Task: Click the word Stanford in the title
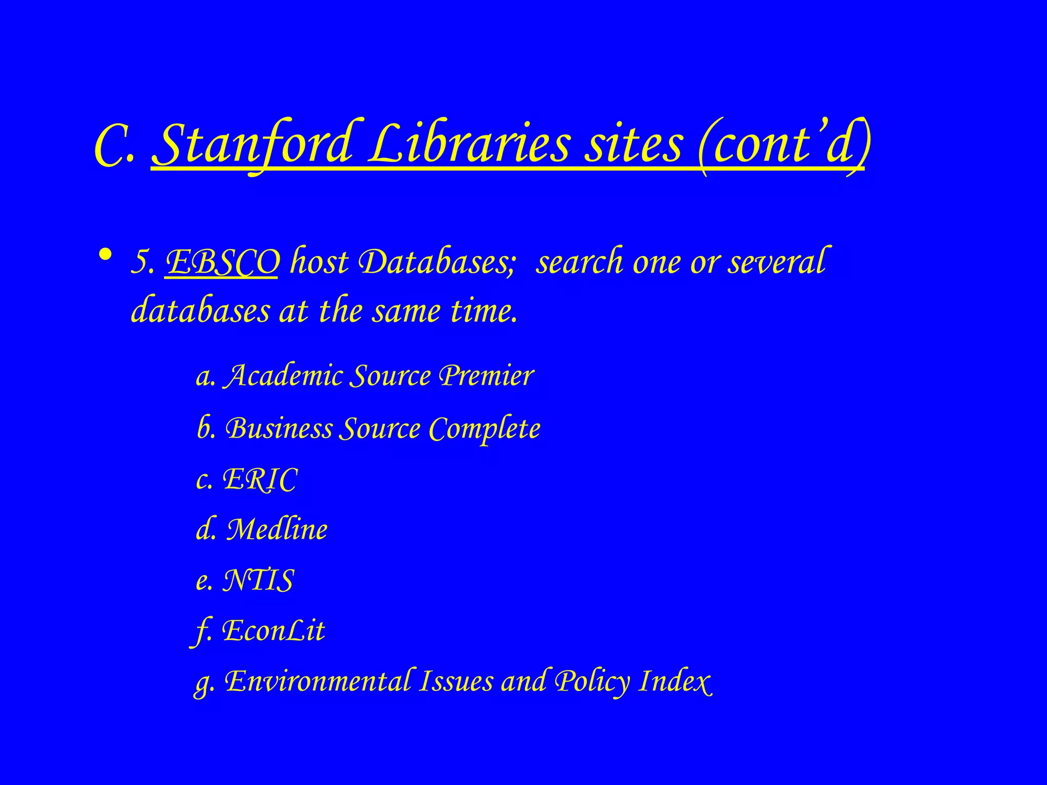(x=253, y=145)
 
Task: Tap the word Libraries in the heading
(x=469, y=144)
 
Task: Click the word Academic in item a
(x=284, y=376)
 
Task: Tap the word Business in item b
(x=279, y=428)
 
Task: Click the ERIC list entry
(x=260, y=479)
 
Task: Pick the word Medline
(x=277, y=529)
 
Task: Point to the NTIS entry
(x=258, y=581)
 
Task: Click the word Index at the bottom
(x=675, y=682)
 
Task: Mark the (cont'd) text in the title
(x=782, y=145)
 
